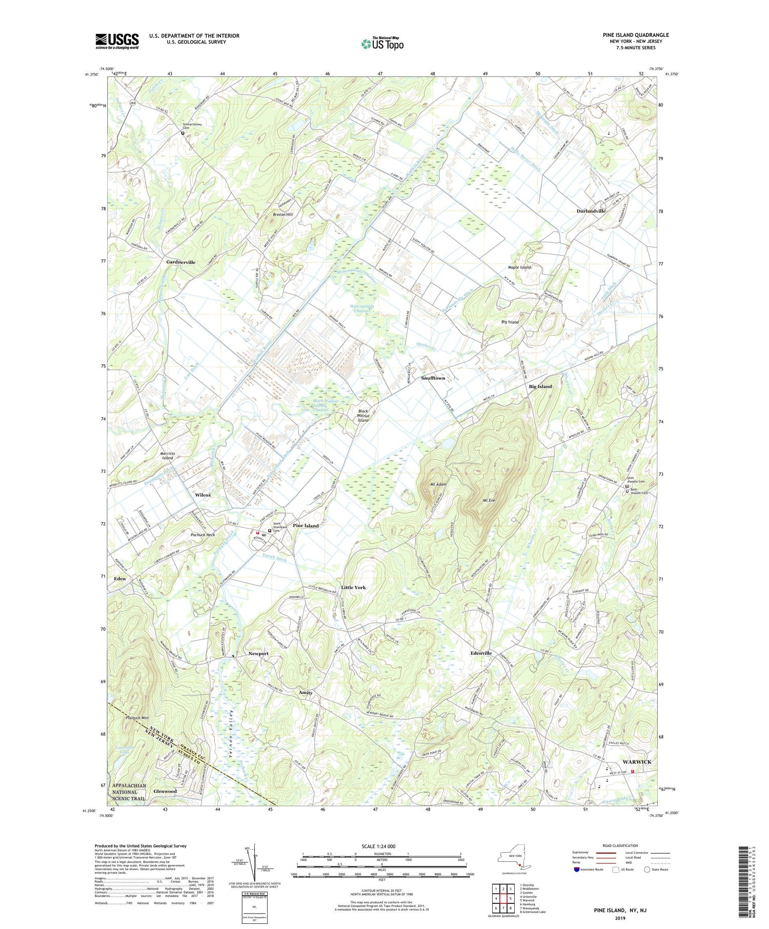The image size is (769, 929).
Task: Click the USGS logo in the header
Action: pos(117,41)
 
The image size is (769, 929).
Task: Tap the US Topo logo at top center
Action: pos(382,44)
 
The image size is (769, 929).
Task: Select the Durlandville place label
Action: pos(591,211)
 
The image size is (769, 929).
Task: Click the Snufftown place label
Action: pos(433,378)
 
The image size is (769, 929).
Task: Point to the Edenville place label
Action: pos(481,653)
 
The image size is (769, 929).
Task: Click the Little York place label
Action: pos(353,587)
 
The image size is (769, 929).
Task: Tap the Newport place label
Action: pos(258,653)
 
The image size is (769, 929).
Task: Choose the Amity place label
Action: pos(306,692)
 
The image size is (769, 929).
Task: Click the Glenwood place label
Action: pos(165,791)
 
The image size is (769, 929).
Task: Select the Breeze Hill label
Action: pos(282,214)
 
